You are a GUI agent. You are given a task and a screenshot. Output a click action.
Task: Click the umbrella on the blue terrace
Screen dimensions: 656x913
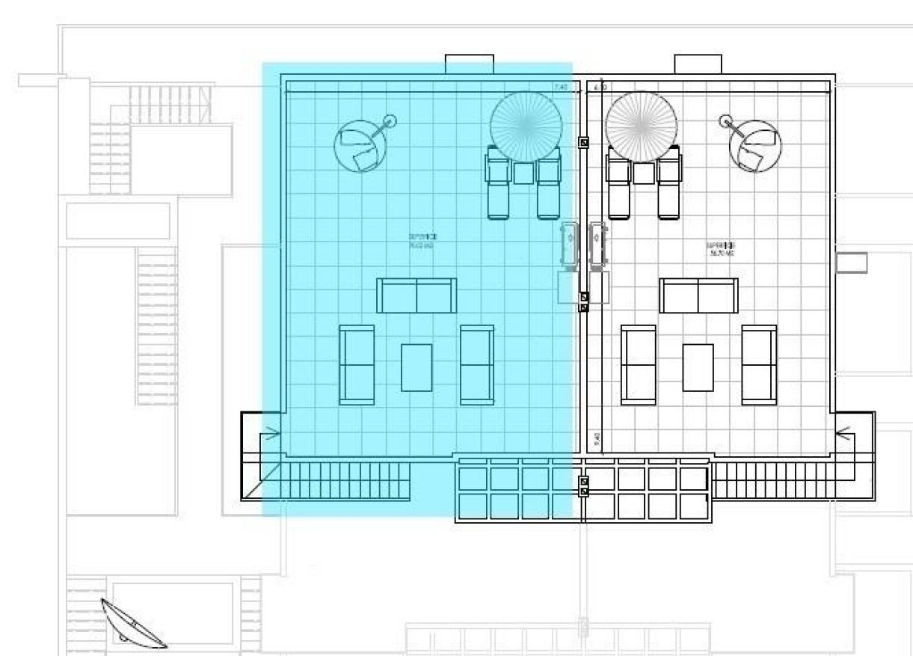coord(526,126)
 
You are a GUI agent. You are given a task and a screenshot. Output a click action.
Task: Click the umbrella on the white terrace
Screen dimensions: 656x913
coord(642,126)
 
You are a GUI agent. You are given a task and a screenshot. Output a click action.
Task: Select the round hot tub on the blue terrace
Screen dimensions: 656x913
coord(361,147)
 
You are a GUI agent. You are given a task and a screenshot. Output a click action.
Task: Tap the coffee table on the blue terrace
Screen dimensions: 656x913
coord(416,367)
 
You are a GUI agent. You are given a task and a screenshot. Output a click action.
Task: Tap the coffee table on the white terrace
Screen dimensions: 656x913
coord(698,367)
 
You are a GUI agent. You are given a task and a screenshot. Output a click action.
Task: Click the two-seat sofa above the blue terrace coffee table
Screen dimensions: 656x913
coord(416,295)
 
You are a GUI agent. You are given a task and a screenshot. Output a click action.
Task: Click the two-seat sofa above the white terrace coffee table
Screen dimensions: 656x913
coord(698,295)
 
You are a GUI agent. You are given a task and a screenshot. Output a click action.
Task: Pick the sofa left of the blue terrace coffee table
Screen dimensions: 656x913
coord(357,365)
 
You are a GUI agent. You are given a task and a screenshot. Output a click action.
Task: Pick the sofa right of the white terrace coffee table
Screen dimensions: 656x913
coord(759,365)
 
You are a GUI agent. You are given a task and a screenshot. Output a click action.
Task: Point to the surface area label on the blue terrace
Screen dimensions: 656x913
coord(422,241)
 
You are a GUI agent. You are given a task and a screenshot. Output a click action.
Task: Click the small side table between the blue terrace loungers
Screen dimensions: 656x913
coord(524,174)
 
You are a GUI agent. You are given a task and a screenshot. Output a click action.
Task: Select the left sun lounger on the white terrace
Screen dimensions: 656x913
coord(618,183)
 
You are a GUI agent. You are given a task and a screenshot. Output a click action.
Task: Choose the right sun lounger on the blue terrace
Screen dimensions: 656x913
coord(549,183)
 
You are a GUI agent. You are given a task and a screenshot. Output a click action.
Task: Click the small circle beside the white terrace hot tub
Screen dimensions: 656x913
coord(725,121)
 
